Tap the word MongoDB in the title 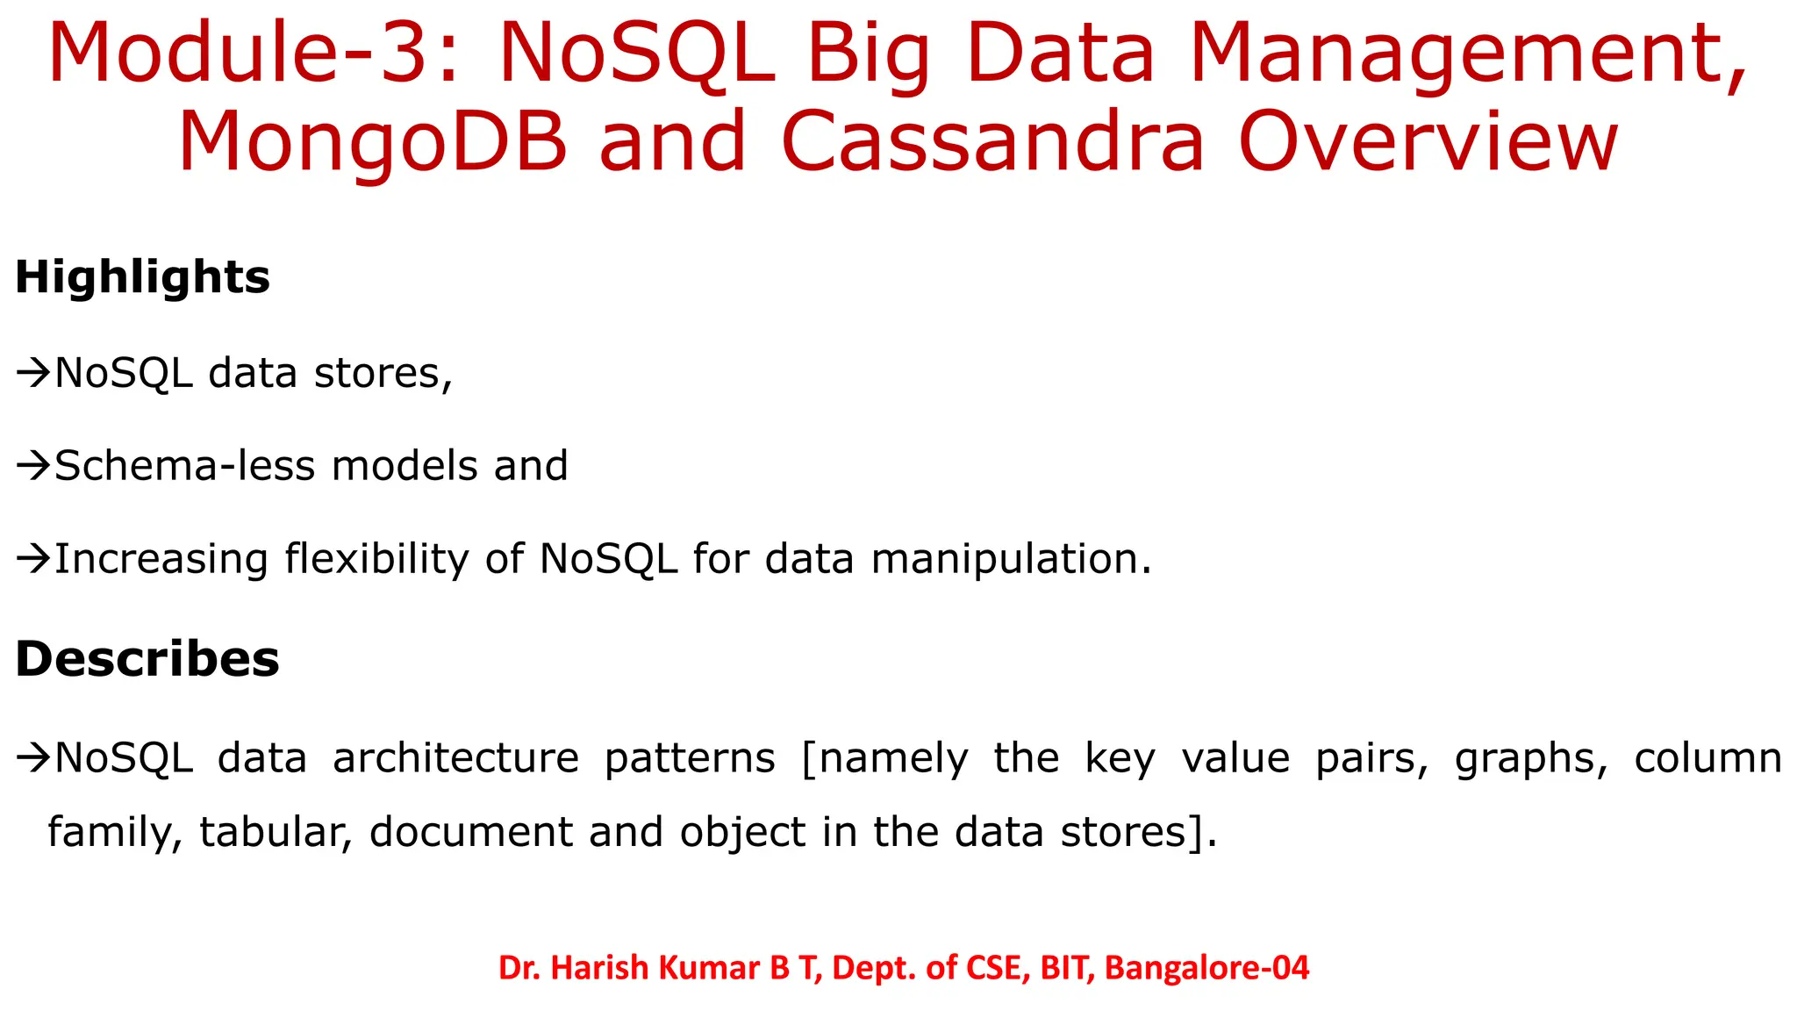pos(374,142)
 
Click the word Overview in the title pos(1428,142)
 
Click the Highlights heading pos(142,278)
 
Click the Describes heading pos(147,659)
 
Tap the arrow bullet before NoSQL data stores pos(33,374)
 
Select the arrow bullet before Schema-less pos(33,466)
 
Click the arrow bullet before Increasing pos(33,559)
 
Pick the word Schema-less pos(184,466)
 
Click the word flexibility pos(376,560)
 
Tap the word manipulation pos(1010,560)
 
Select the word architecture pos(455,758)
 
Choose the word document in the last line pos(470,832)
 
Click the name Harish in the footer pos(601,968)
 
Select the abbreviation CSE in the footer pos(998,968)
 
